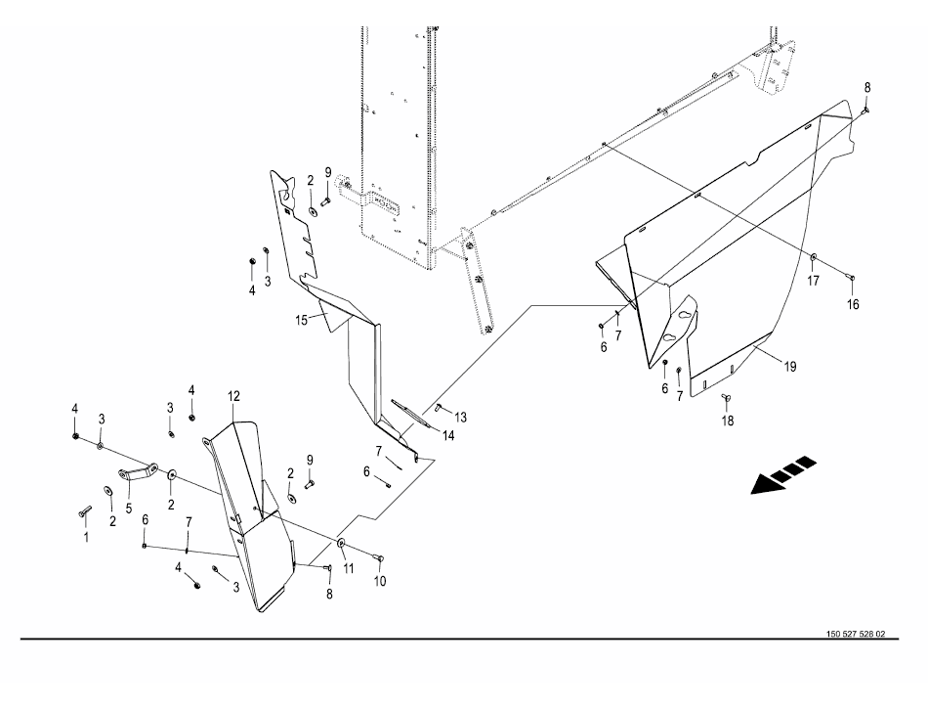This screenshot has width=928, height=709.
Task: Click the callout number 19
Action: (x=790, y=367)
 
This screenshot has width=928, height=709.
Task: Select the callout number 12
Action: (x=232, y=396)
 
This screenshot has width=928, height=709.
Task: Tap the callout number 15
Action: (x=301, y=321)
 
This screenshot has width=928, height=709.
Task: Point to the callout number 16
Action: (x=852, y=304)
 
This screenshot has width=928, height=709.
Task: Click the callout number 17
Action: (x=813, y=281)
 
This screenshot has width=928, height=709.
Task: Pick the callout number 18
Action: (x=727, y=421)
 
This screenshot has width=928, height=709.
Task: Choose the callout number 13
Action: (x=460, y=417)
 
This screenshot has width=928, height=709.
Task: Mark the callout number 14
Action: (x=448, y=436)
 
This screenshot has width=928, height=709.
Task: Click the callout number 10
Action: (x=379, y=581)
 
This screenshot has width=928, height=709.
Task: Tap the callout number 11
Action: (x=348, y=568)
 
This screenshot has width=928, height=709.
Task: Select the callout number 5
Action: (x=128, y=509)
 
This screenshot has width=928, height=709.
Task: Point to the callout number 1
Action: (x=86, y=537)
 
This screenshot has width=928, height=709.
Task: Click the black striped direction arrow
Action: (x=783, y=474)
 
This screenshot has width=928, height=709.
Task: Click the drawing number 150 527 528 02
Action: (x=856, y=634)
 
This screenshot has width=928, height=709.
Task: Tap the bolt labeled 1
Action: (x=84, y=511)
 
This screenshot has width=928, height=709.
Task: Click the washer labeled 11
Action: (x=342, y=543)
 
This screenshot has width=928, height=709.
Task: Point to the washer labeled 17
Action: (x=813, y=256)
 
